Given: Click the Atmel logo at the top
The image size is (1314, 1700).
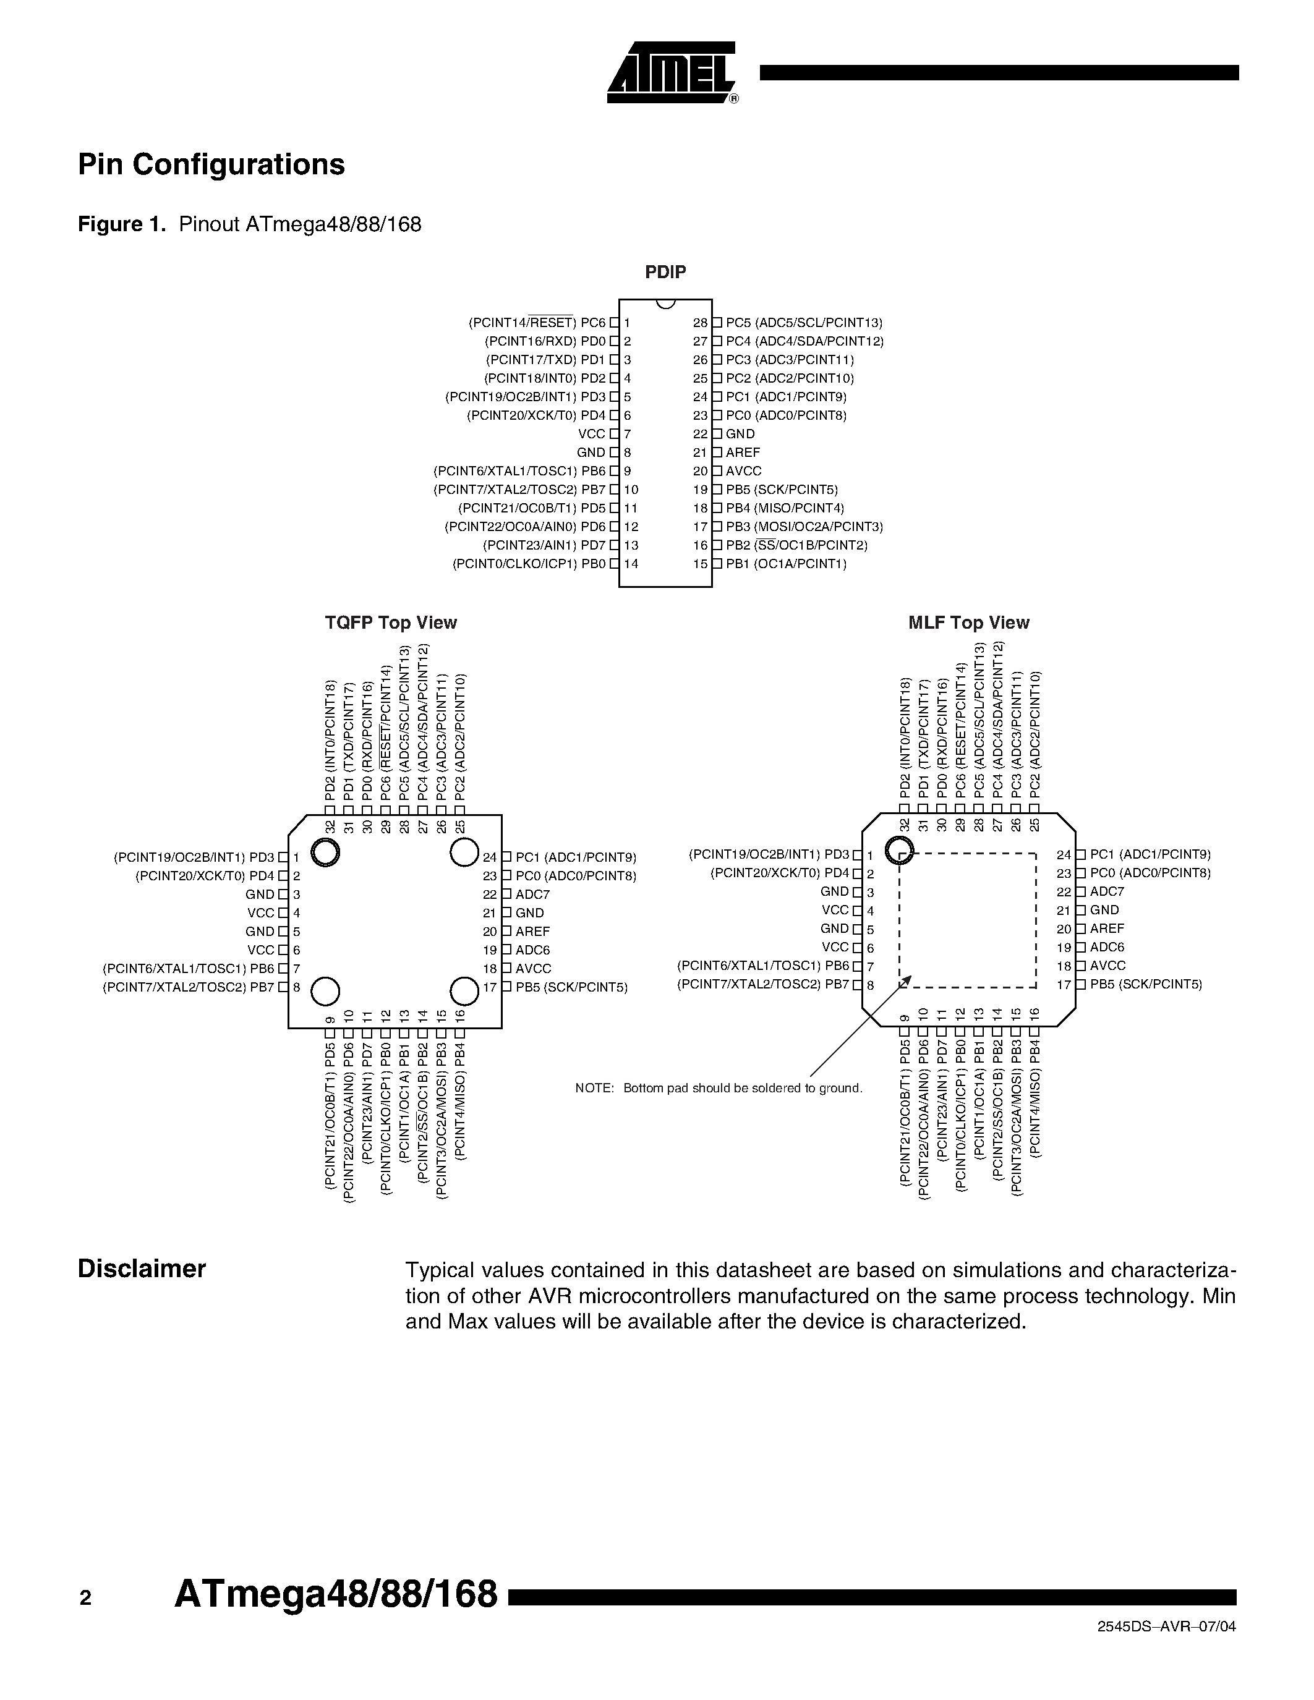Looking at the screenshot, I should pos(672,72).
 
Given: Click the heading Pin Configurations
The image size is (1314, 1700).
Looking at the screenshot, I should pos(211,164).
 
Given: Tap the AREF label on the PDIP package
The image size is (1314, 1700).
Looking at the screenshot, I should pos(743,453).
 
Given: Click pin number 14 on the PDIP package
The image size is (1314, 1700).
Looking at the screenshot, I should pos(631,564).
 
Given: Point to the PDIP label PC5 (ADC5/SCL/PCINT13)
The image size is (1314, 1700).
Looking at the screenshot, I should pos(804,322).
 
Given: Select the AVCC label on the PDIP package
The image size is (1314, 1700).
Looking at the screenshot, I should pos(743,471).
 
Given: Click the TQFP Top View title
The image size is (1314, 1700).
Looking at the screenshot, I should pos(391,623).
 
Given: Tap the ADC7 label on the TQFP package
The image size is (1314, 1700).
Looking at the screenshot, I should pos(532,895).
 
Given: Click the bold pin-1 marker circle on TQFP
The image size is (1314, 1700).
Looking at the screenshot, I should pos(325,853).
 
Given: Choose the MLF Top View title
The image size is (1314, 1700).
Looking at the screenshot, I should pos(968,623).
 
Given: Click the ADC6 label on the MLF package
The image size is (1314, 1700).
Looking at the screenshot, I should pos(1107,947).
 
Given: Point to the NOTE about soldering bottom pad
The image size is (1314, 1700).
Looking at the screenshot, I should pos(719,1088).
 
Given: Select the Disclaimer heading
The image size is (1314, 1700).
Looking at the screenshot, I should pos(142,1269).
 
